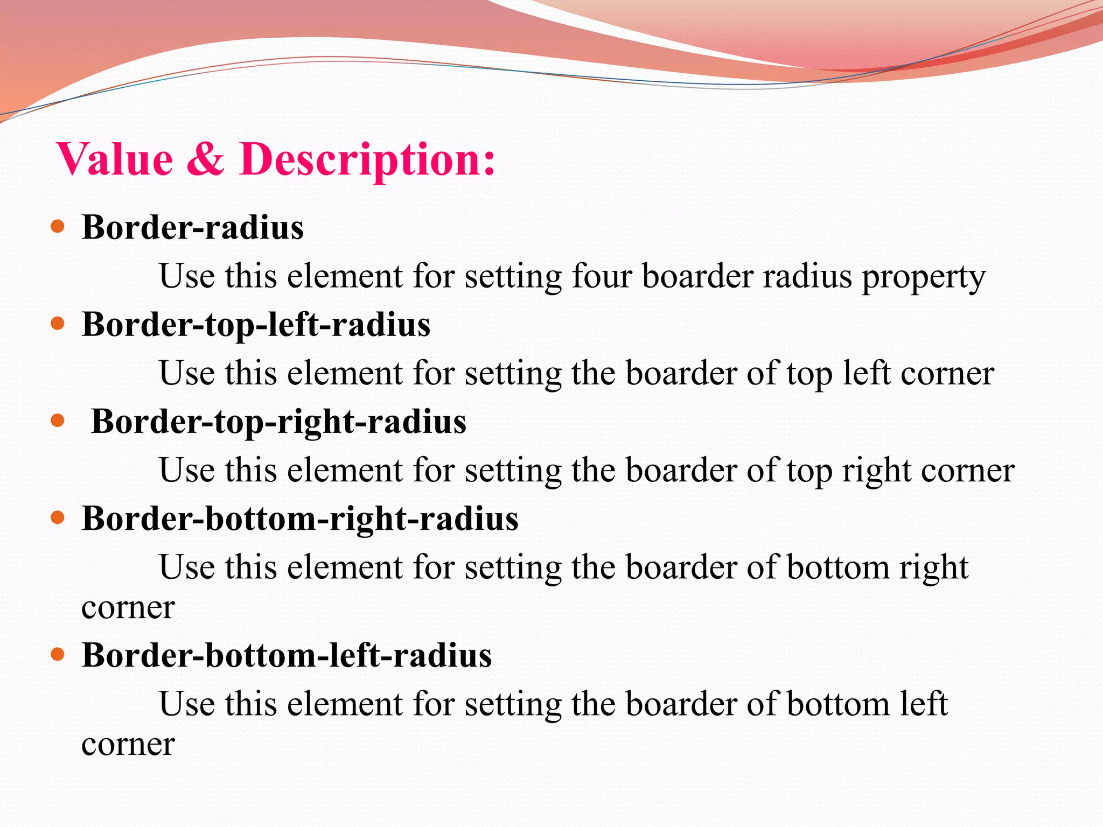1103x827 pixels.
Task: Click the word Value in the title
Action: [115, 159]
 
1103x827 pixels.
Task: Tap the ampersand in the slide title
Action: [205, 159]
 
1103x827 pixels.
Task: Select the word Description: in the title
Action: [367, 160]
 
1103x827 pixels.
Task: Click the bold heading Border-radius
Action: [193, 227]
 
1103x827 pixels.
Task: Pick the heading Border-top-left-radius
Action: [256, 325]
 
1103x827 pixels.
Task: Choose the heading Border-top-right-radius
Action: [278, 422]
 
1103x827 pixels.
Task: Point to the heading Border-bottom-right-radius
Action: [300, 519]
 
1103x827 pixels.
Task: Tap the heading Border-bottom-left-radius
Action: [287, 656]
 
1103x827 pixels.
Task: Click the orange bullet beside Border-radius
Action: [58, 226]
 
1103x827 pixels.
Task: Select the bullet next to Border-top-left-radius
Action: [58, 324]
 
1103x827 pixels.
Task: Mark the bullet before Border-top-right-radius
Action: [58, 420]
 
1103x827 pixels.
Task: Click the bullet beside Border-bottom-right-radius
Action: [58, 518]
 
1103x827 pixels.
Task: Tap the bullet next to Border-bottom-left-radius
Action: [58, 655]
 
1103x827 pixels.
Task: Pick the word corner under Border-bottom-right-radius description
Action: [128, 608]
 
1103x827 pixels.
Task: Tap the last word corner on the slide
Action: [128, 745]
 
